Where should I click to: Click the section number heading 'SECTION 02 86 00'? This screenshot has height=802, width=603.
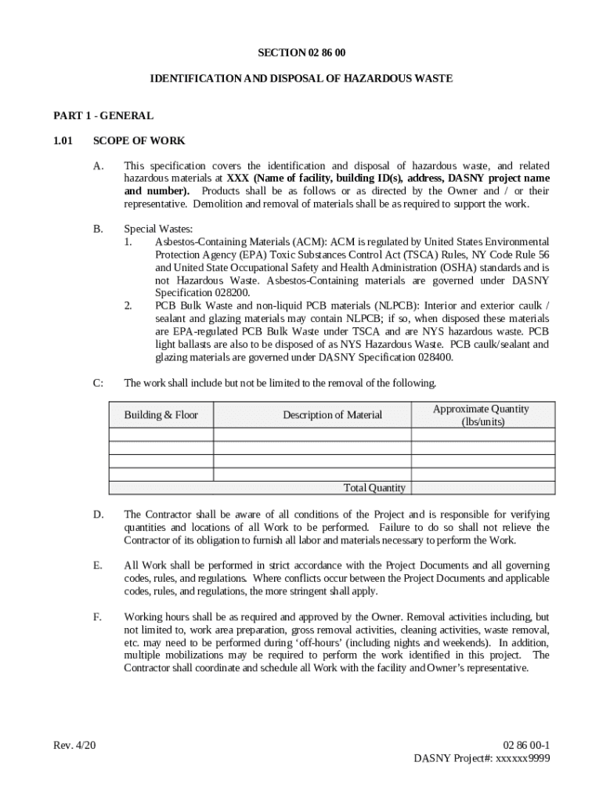coord(301,52)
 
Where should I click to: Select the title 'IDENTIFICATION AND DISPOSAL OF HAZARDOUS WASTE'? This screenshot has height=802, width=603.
coord(301,79)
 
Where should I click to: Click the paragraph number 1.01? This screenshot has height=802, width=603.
coord(63,141)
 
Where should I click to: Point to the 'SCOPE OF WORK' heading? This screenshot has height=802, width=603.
coord(139,141)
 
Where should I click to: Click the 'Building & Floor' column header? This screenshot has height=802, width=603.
coord(161,414)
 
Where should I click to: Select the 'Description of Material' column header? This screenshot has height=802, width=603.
coord(332,414)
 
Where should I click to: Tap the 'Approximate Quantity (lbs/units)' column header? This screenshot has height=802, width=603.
coord(481,414)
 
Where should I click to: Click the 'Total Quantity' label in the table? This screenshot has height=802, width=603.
coord(374,488)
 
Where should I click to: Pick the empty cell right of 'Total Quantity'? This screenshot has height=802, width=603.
coord(482,488)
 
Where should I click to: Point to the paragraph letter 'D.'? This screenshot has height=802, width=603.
coord(98,515)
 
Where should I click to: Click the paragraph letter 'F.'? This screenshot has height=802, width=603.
coord(98,617)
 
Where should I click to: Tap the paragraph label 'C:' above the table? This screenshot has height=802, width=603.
coord(98,383)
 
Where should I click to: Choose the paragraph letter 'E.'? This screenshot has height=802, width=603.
coord(98,565)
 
